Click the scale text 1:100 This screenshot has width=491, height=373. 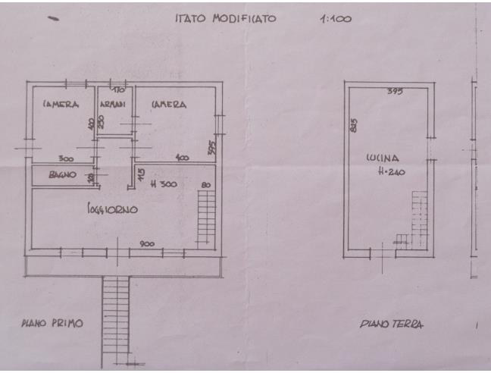(x=336, y=19)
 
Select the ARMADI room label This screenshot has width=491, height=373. (x=113, y=105)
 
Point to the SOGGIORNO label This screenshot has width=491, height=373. (x=111, y=210)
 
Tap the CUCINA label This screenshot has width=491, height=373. (x=382, y=159)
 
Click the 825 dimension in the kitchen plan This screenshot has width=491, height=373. (x=354, y=126)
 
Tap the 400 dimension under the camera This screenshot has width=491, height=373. (x=183, y=158)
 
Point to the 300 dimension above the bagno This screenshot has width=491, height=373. (x=66, y=158)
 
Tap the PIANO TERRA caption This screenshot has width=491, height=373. (x=392, y=324)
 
